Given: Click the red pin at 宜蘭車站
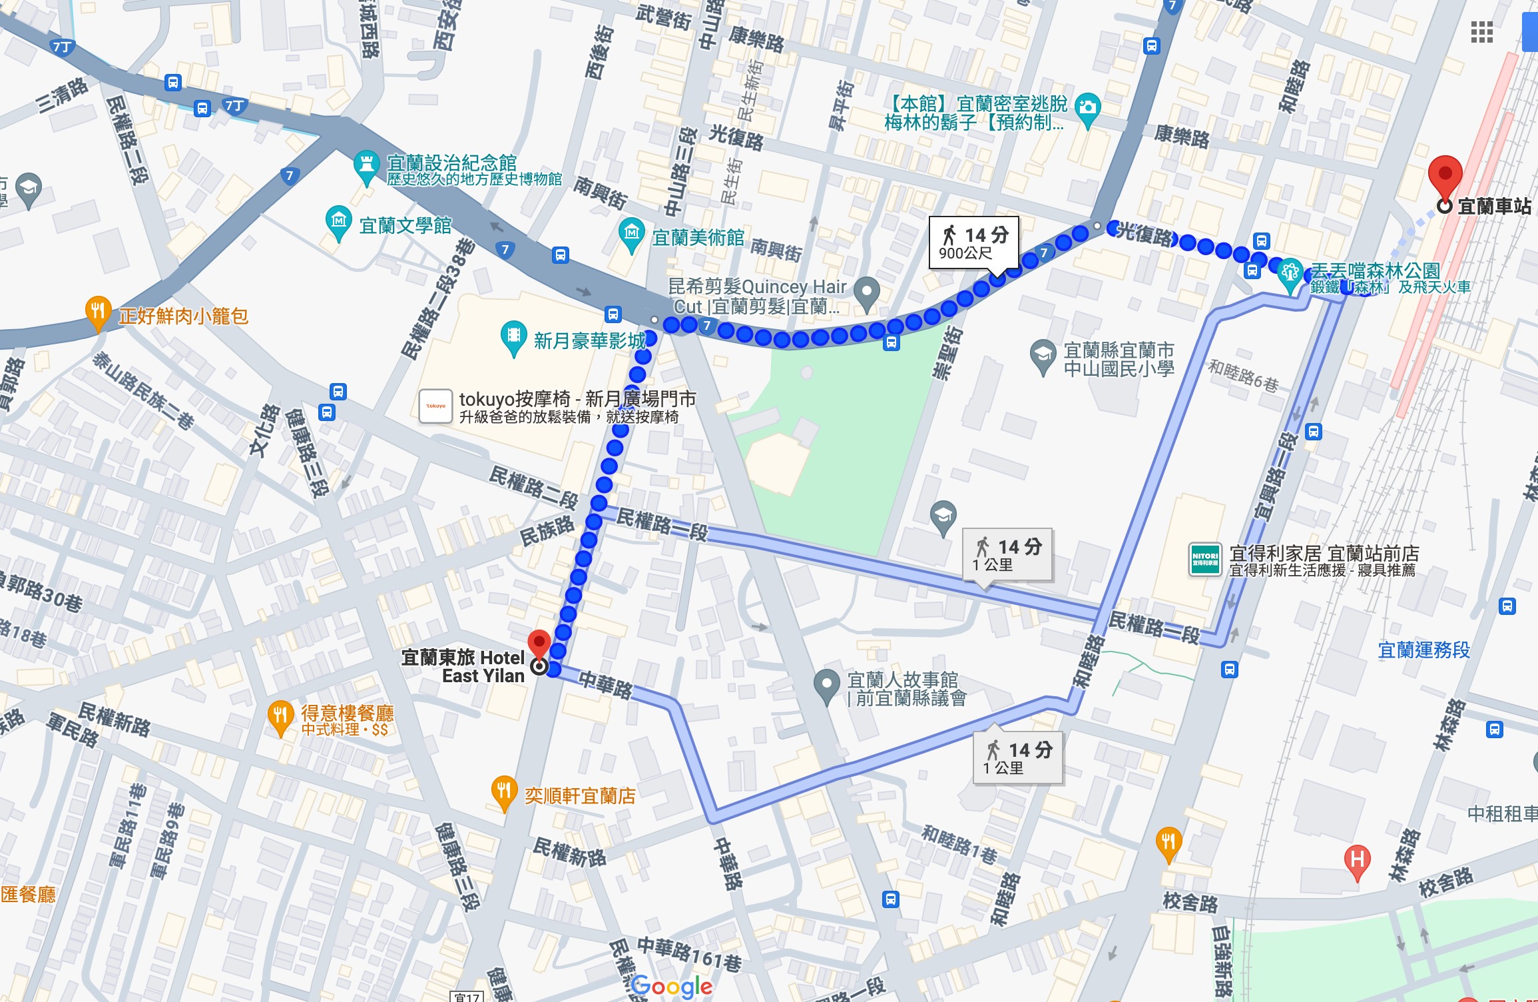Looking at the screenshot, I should coord(1445,175).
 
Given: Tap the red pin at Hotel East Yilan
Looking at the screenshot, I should coord(539,644).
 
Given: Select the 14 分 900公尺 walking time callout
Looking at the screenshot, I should coord(973,243).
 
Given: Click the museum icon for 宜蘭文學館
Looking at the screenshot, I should coord(339,220).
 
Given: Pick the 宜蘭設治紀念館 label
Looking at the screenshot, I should coord(451,163).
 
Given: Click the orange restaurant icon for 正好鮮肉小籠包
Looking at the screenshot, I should coord(98,311).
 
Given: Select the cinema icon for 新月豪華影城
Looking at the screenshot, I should coord(513,336).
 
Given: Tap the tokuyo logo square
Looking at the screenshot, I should coord(435,406).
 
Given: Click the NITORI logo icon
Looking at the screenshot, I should coord(1204,559).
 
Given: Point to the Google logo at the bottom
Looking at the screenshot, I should coord(671,986).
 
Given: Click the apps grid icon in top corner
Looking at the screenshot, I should coord(1481,32).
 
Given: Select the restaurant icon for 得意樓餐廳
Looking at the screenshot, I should coord(280,716).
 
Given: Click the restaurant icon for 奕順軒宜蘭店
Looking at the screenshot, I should coord(504,791).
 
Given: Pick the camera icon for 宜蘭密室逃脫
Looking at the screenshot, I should coord(1088,107).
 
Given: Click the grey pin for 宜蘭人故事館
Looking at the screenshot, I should coord(826,684).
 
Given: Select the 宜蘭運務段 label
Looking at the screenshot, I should coord(1423,650).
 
